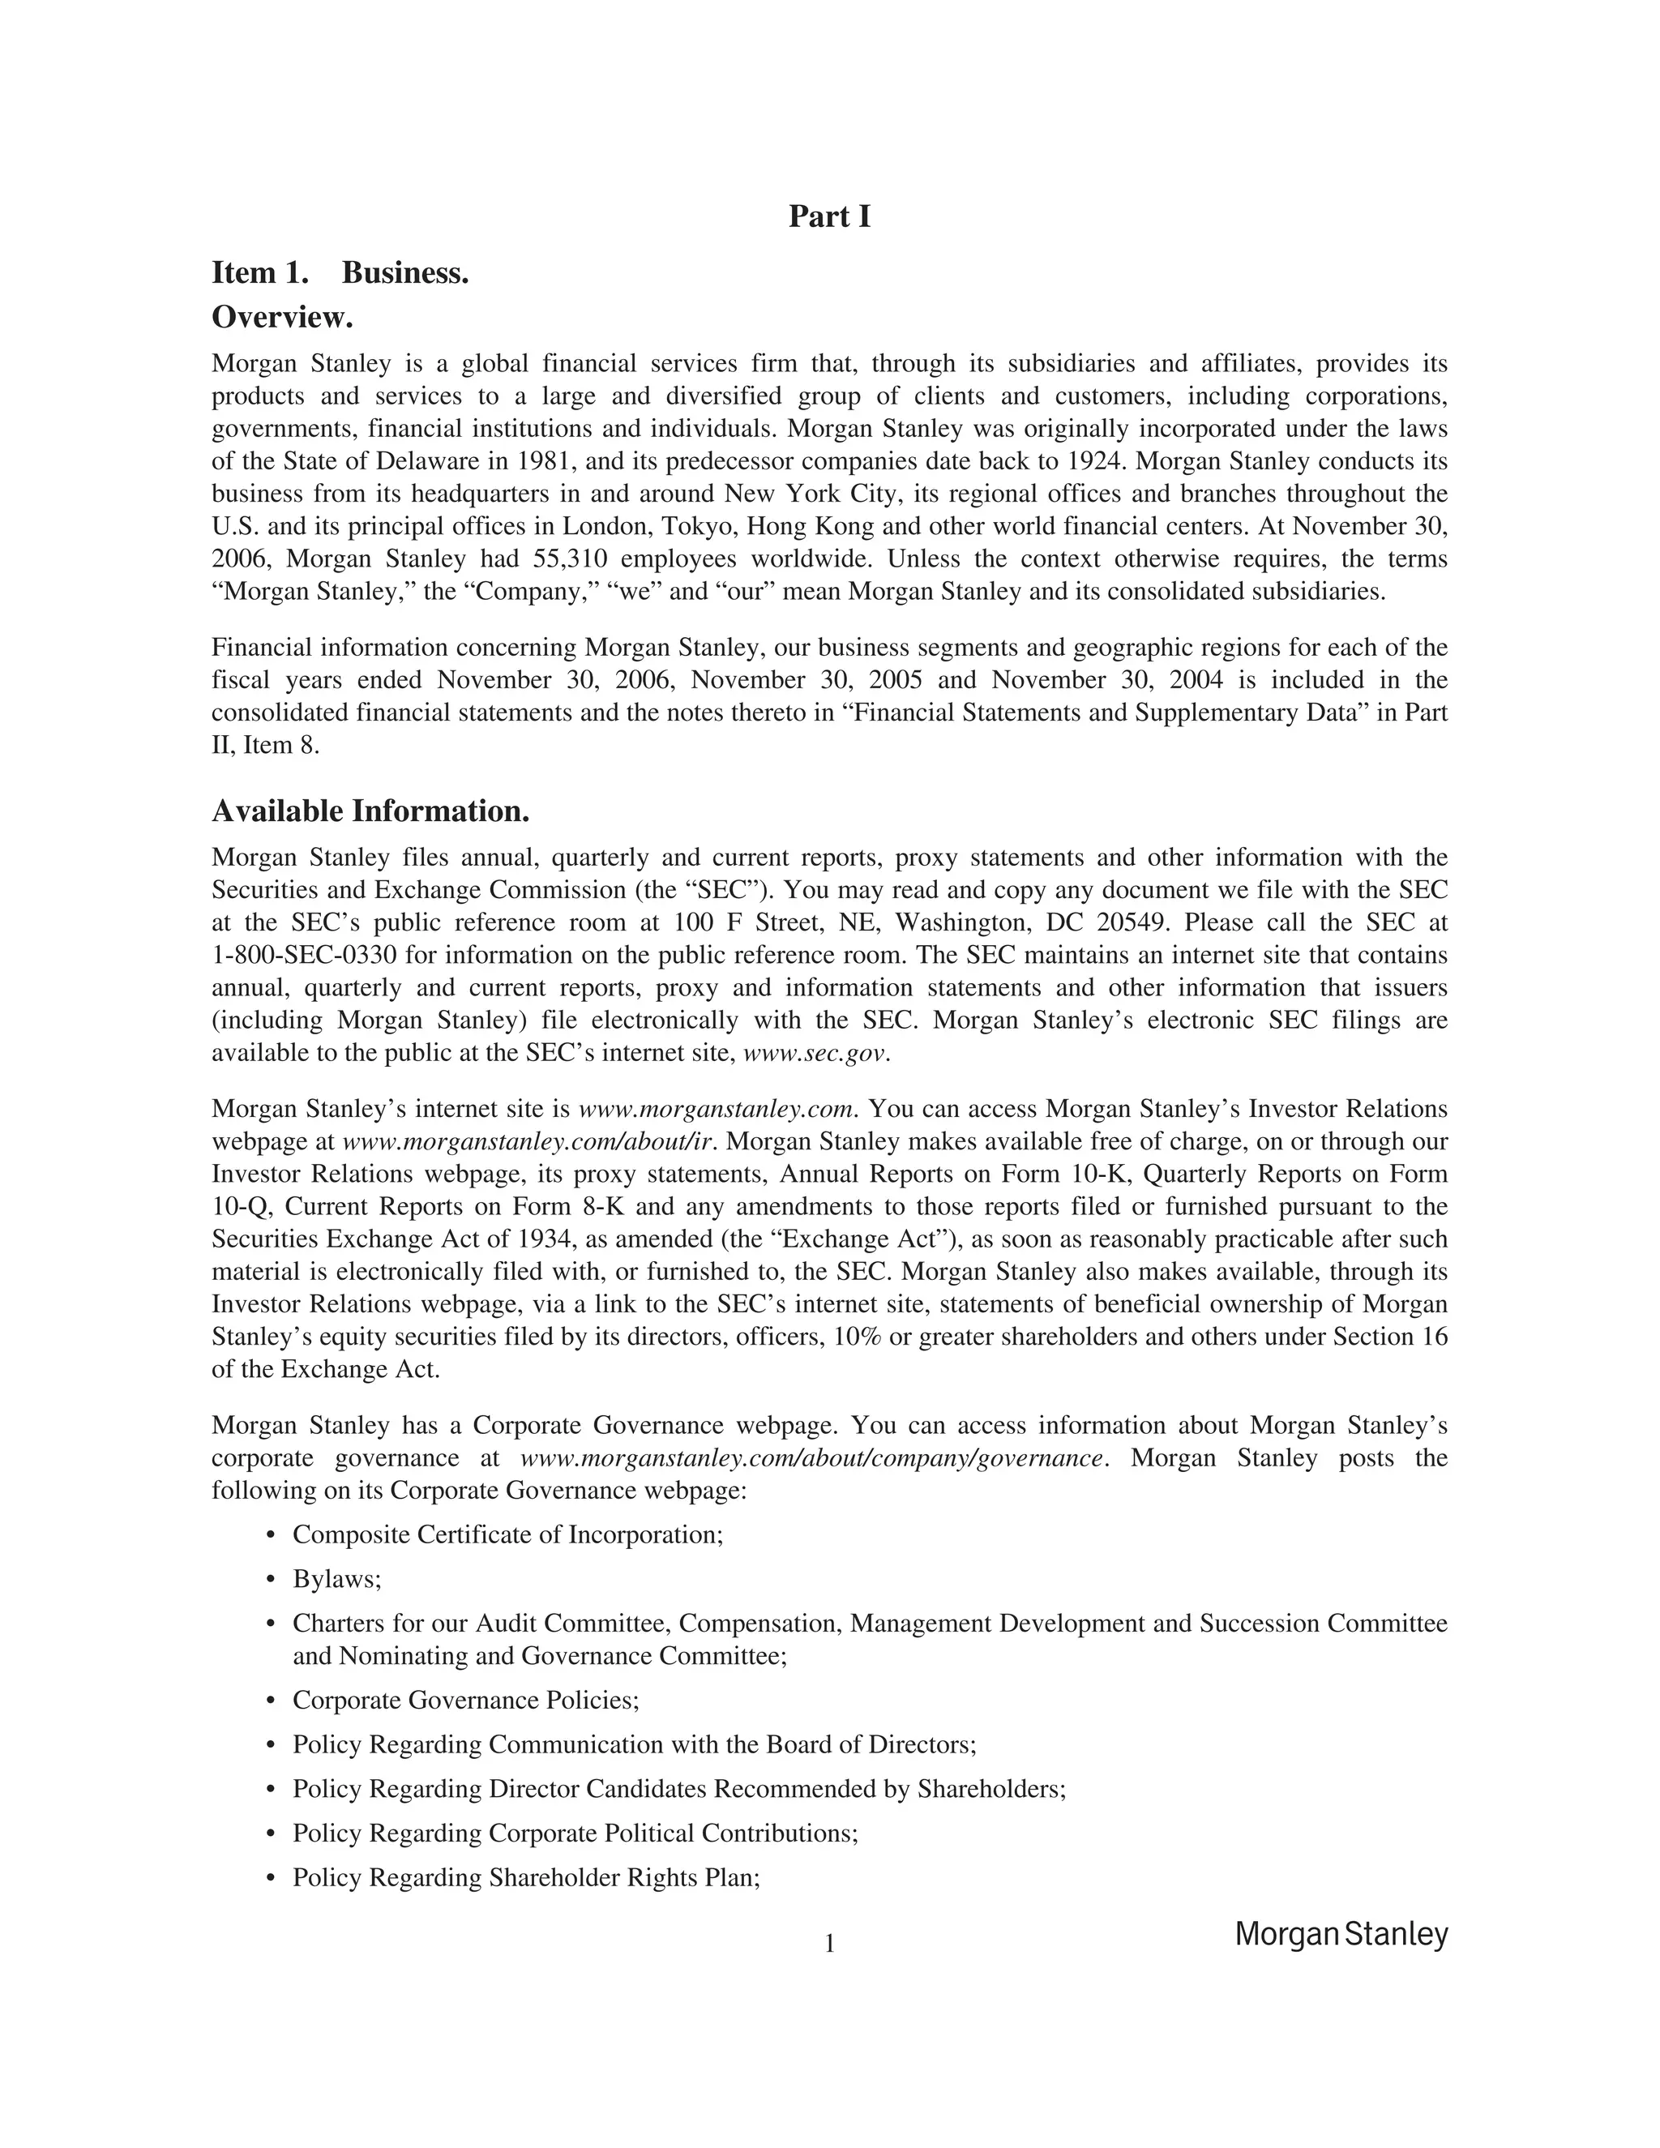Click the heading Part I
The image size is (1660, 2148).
coord(829,216)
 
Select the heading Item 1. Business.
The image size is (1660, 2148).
coord(340,272)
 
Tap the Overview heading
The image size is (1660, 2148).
coord(282,318)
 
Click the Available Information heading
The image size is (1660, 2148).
coord(370,811)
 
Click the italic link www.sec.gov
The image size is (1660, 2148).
coord(815,1054)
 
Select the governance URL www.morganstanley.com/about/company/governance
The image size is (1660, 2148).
coord(811,1458)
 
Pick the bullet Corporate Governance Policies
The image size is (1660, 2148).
coord(465,1701)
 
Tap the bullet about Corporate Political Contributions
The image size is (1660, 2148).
coord(575,1834)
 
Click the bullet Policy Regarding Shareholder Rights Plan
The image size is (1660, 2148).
coord(526,1877)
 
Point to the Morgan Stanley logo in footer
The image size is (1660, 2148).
coord(1341,1935)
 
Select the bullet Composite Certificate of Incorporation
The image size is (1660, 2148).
coord(507,1535)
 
